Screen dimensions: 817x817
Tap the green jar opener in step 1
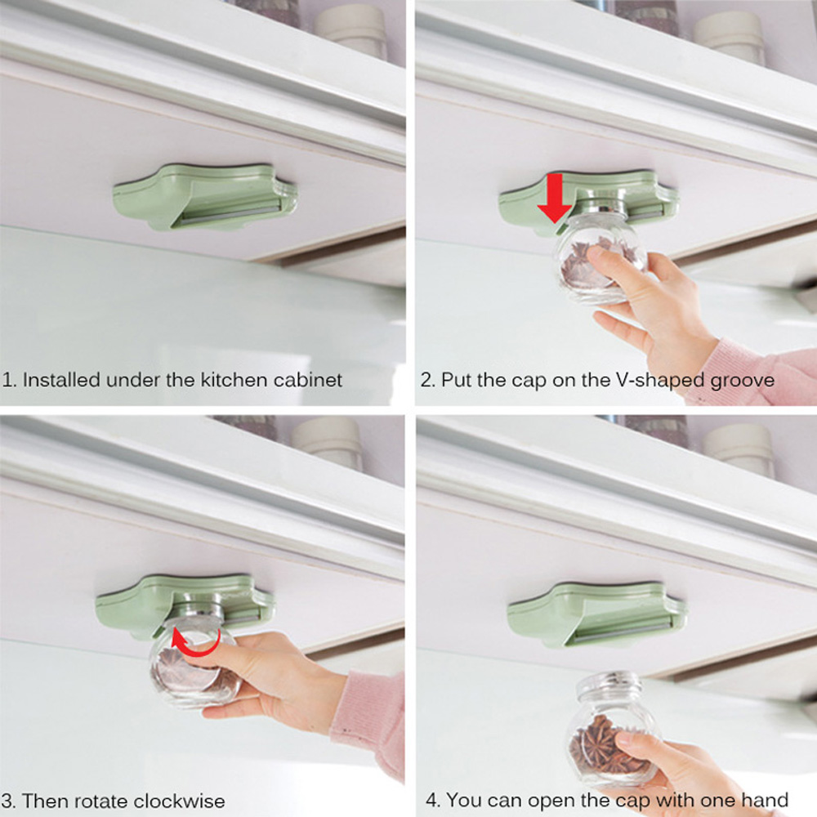[205, 198]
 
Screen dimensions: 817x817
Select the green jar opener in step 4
[596, 614]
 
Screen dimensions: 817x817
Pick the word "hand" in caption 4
[766, 800]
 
